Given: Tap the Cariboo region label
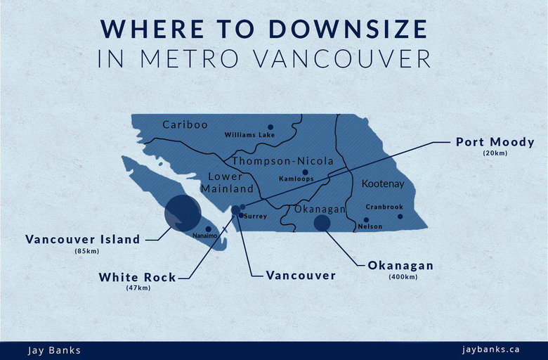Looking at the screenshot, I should pos(185,124).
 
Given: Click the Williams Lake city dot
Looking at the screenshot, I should pos(270,127).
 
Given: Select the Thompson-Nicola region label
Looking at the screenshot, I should pos(283,161).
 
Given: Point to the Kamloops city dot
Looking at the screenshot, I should pos(305,172).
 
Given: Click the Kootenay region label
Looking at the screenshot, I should pos(383,184).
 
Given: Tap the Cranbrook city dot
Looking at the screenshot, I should pos(400,216).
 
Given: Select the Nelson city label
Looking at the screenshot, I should pos(370,226).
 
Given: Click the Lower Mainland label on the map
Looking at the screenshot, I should pos(227,183).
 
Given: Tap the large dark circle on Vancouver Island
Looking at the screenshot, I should pos(182,213).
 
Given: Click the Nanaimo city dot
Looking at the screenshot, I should pos(208,229).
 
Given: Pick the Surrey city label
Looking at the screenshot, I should pos(256,216).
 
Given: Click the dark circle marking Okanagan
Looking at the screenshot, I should pos(322,223).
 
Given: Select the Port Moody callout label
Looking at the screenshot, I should pos(495,142).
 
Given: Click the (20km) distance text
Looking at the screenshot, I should pos(495,153).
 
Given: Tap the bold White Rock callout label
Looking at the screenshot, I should pos(138,277).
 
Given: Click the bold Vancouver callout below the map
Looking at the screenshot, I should pos(301,275).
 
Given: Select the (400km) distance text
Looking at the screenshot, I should pos(402,276).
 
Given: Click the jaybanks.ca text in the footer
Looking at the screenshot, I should pos(491,349).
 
